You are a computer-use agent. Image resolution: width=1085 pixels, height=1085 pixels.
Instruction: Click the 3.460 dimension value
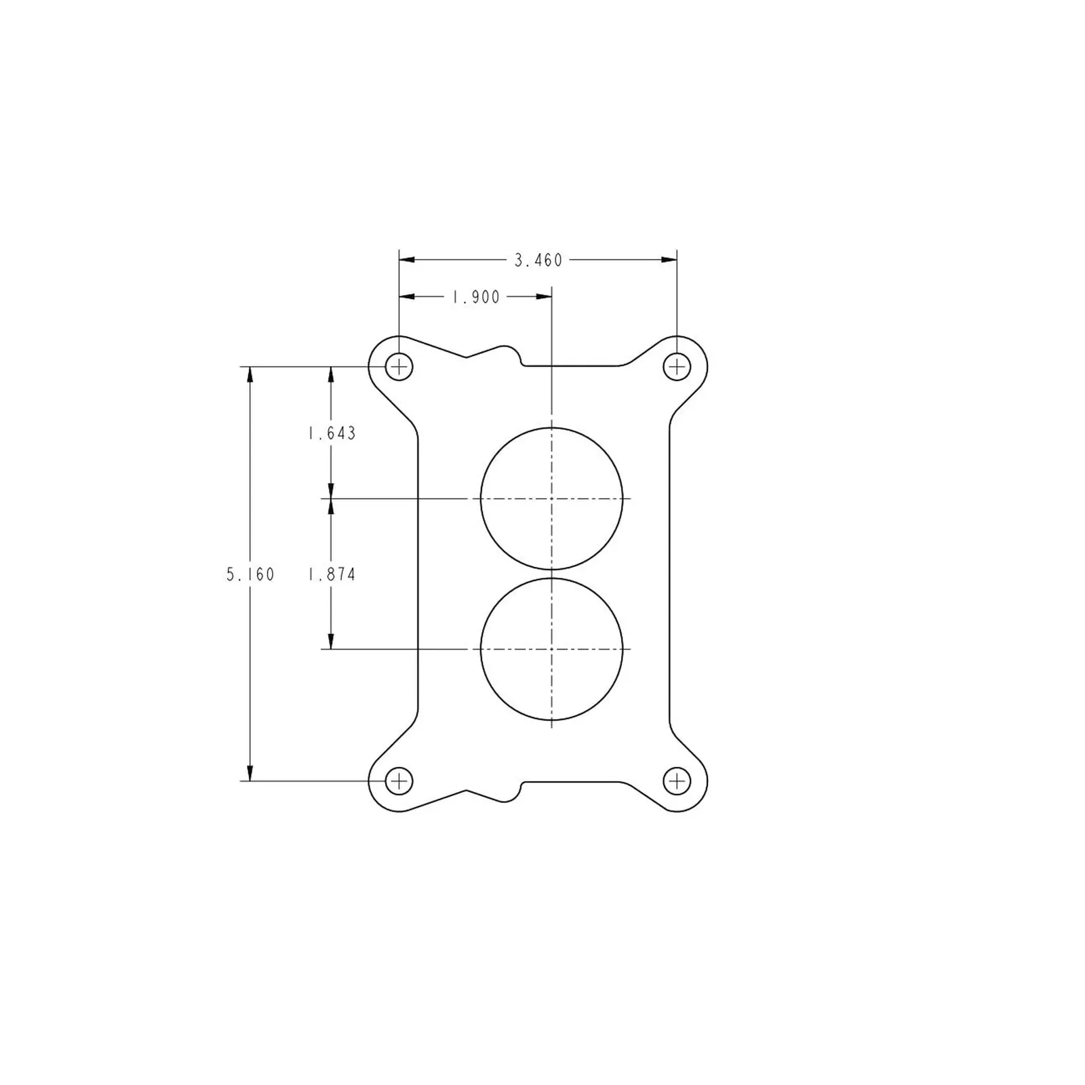pos(538,260)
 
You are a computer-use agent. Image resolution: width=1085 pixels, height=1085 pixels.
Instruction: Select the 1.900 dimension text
pos(476,297)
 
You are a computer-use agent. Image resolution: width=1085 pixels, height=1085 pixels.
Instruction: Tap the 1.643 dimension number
pos(332,433)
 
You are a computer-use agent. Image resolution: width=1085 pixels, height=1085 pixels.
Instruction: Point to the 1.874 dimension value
pos(332,575)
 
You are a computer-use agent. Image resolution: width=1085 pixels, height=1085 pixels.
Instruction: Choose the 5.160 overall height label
pos(250,575)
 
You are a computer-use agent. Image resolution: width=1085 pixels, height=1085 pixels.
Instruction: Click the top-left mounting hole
pos(399,367)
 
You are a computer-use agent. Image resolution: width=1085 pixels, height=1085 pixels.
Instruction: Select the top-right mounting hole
pos(677,367)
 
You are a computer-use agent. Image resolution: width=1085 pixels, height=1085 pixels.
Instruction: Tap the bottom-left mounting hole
pos(399,781)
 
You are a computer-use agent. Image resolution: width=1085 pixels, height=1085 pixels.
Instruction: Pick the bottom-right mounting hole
pos(677,781)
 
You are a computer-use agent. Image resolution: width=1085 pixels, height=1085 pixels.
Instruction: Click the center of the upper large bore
pos(552,498)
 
